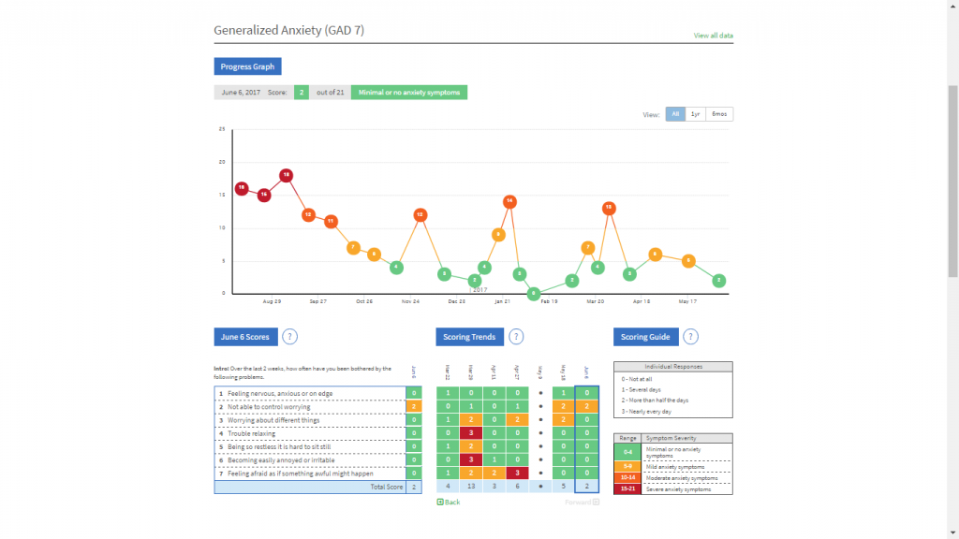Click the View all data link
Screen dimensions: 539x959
tap(713, 36)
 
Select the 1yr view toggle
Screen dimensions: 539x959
tap(696, 114)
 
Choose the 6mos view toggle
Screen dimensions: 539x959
tap(719, 114)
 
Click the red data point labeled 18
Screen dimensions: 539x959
tap(287, 175)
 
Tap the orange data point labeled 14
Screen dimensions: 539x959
tap(509, 201)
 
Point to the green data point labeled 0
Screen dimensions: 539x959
tap(534, 293)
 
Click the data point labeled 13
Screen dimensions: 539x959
tap(609, 208)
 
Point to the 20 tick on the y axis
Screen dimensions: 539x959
tap(222, 162)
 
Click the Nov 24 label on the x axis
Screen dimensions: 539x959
tap(410, 302)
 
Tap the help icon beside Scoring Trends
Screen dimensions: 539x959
tap(516, 337)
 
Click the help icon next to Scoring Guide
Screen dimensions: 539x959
tap(690, 337)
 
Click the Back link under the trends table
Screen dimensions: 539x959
tap(449, 503)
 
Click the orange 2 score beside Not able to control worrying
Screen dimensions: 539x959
tap(413, 407)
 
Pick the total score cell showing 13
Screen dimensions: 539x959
tap(471, 487)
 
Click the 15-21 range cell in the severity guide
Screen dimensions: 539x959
tap(627, 488)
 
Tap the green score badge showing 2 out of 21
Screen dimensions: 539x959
tap(302, 93)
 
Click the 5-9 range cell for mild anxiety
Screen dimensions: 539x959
tap(627, 464)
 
